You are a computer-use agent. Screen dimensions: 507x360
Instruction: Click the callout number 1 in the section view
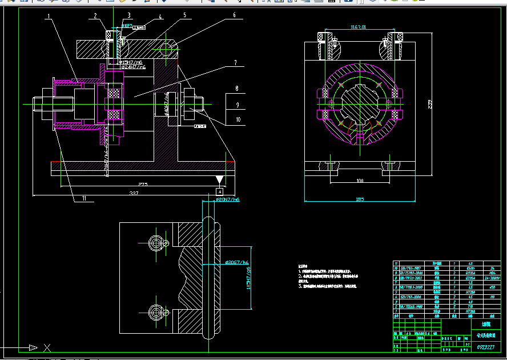[50, 16]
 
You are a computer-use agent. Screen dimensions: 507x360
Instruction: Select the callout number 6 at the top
[234, 15]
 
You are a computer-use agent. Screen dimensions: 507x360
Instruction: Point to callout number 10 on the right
[238, 119]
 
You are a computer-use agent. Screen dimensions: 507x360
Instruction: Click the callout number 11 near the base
[83, 198]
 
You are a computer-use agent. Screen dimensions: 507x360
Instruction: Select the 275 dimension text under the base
[143, 184]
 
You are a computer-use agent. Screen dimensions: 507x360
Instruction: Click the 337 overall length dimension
[134, 194]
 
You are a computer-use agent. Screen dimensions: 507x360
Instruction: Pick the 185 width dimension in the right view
[360, 199]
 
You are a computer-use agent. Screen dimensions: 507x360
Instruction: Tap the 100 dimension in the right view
[360, 181]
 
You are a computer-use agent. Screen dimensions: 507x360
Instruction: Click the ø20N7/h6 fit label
[227, 201]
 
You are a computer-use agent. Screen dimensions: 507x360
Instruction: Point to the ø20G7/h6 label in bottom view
[237, 262]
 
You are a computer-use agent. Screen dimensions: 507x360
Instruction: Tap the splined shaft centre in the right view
[360, 105]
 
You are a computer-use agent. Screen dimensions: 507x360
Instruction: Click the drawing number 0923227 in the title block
[485, 347]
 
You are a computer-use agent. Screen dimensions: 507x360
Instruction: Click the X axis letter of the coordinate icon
[47, 347]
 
